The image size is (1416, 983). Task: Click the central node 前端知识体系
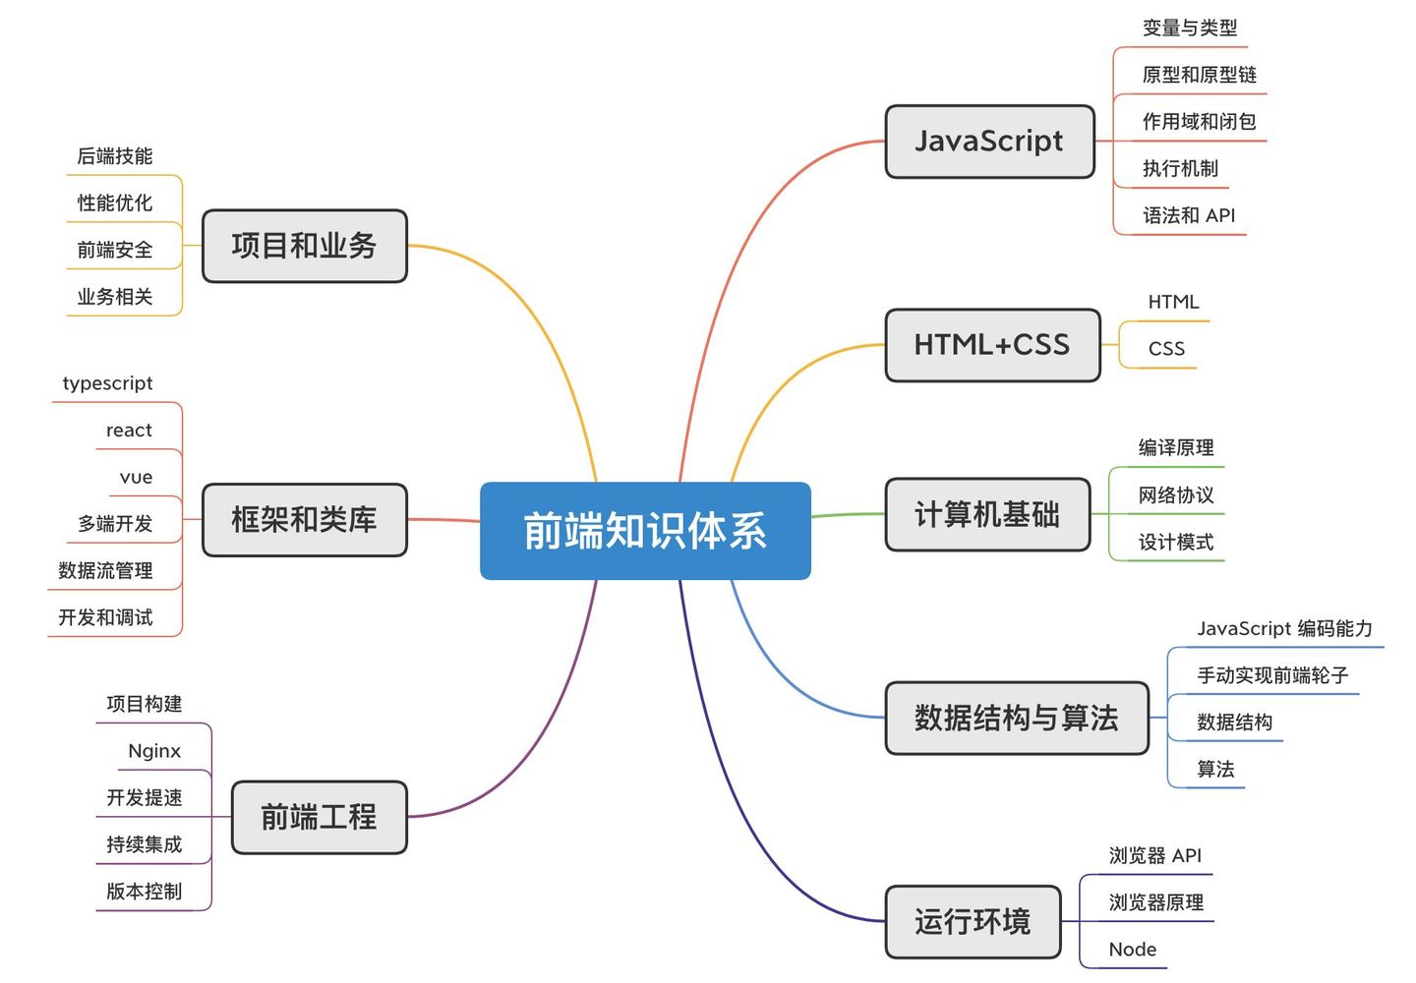coord(645,531)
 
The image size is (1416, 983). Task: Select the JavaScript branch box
coord(990,142)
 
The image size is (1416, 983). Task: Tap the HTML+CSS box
coord(992,345)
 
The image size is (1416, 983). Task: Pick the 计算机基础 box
coord(988,514)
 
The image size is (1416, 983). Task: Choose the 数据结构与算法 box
coord(1017,718)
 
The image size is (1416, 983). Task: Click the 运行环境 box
coord(973,922)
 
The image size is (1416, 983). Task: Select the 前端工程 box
coord(320,818)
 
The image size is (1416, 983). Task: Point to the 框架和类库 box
coord(305,520)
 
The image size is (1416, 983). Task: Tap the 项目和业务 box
coord(305,246)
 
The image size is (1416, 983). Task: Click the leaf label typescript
coord(107,383)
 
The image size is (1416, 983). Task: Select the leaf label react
coord(129,431)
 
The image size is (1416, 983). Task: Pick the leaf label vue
coord(136,477)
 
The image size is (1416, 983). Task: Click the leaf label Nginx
coord(154,751)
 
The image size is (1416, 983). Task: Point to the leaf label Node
coord(1133,950)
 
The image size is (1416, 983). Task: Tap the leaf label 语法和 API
coord(1189,215)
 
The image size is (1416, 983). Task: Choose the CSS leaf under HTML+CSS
coord(1166,349)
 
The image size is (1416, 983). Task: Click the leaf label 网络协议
coord(1176,495)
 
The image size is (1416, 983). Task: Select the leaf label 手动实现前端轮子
coord(1272,675)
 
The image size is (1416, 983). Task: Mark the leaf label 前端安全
coord(115,250)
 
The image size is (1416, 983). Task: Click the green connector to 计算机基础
coord(849,515)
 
